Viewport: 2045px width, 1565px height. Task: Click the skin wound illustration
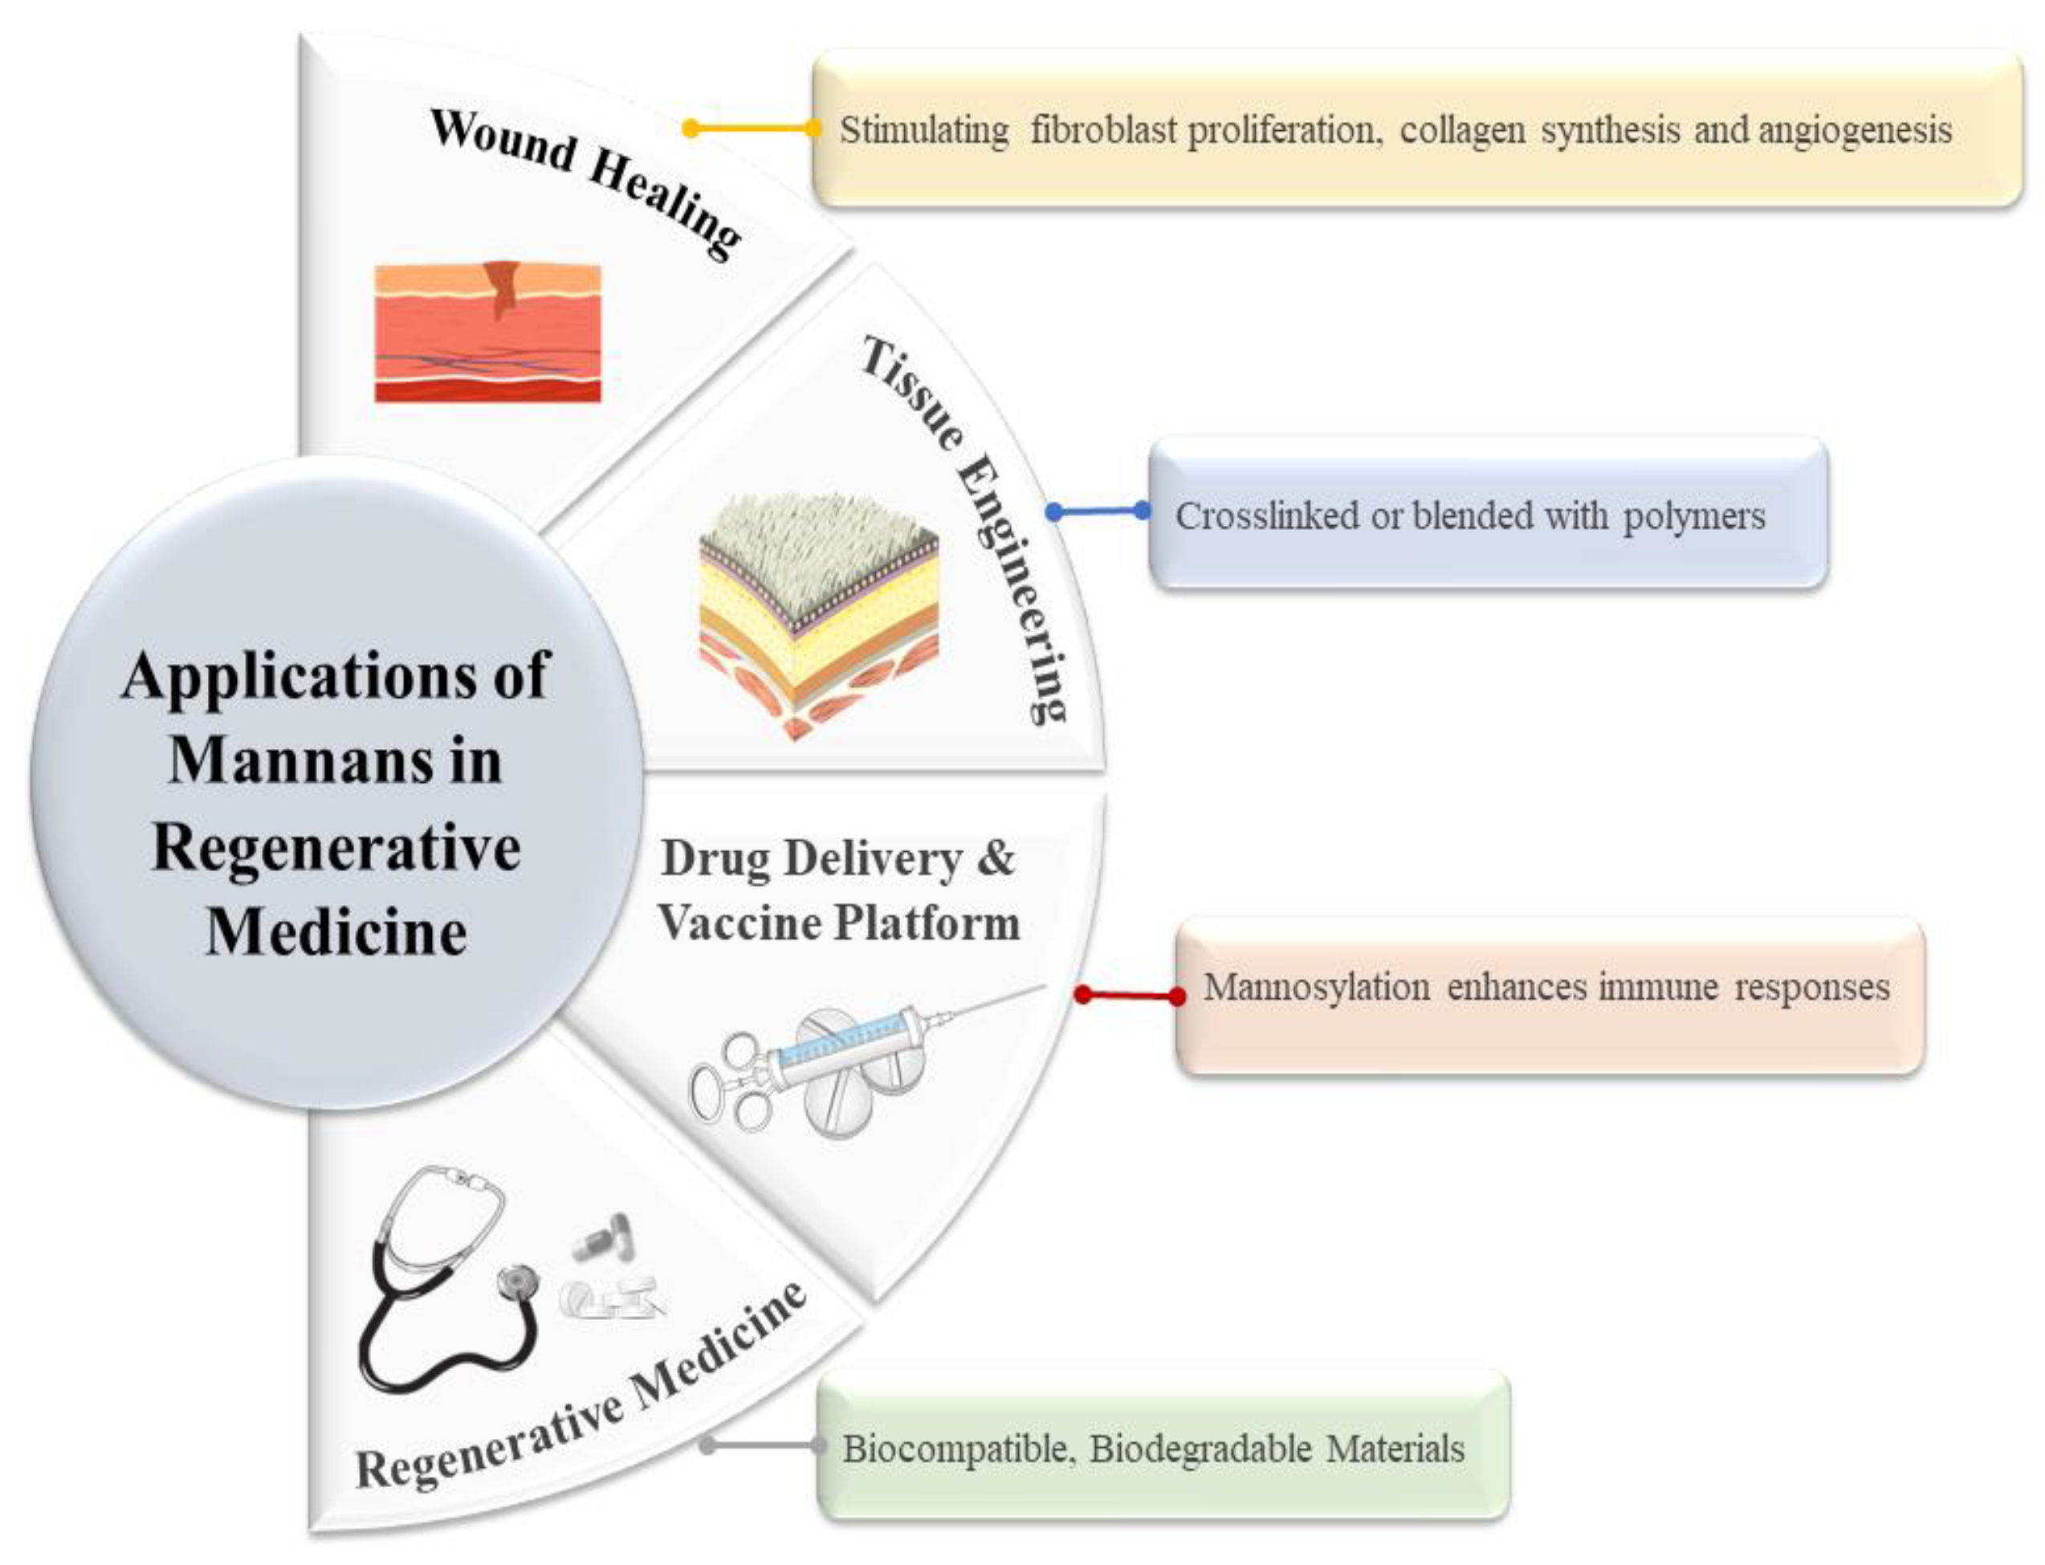[x=487, y=332]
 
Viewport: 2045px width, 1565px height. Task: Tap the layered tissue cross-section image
[x=817, y=615]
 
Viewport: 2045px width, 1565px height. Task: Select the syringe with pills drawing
[x=838, y=1062]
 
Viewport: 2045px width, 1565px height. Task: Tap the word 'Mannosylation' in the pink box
[x=1316, y=987]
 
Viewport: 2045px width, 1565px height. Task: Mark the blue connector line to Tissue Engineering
[x=1097, y=511]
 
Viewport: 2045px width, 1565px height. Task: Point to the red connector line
[x=1129, y=995]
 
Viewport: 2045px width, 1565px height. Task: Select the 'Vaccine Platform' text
[x=838, y=923]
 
